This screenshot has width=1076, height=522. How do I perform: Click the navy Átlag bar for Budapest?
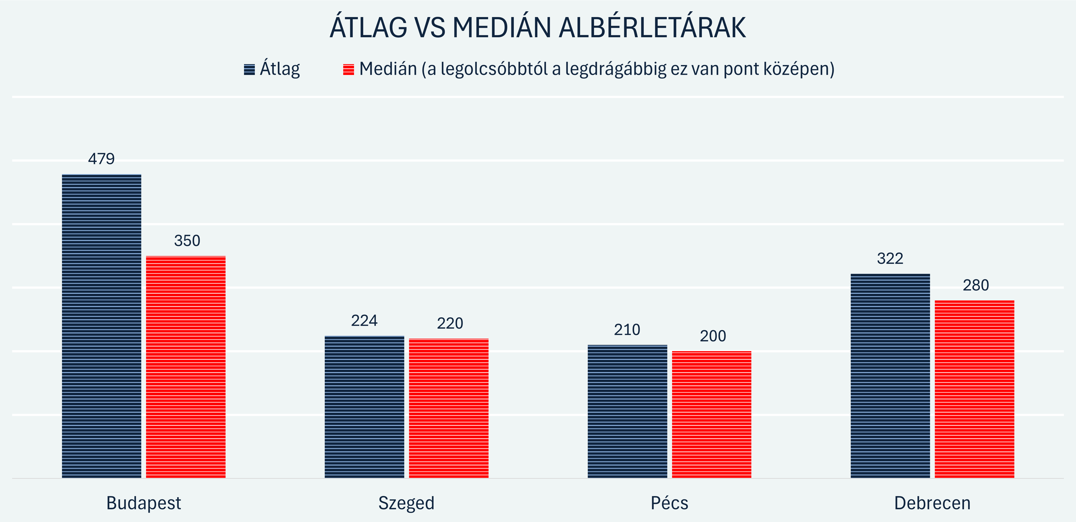pyautogui.click(x=102, y=326)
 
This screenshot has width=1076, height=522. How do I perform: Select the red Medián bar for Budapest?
pyautogui.click(x=185, y=367)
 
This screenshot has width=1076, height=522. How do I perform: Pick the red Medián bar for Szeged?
pyautogui.click(x=449, y=408)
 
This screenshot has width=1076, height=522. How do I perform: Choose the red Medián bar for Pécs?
pyautogui.click(x=711, y=415)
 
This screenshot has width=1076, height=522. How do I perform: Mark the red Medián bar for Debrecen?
pyautogui.click(x=974, y=389)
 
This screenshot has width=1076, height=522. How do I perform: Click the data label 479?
pyautogui.click(x=102, y=159)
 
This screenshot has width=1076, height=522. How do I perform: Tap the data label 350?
pyautogui.click(x=187, y=241)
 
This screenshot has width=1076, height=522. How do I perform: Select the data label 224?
pyautogui.click(x=364, y=320)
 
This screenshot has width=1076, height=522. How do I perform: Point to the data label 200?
pyautogui.click(x=713, y=336)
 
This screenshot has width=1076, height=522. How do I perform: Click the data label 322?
pyautogui.click(x=890, y=259)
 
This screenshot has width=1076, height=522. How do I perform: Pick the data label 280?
pyautogui.click(x=976, y=285)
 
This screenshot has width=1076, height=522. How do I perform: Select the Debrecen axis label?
pyautogui.click(x=932, y=503)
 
